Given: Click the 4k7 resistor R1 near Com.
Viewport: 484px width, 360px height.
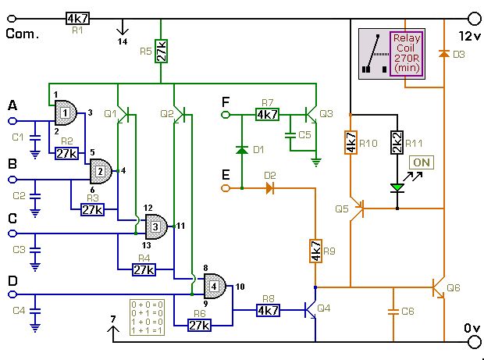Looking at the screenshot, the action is point(77,19).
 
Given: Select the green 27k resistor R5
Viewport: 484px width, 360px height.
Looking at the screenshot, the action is point(161,52).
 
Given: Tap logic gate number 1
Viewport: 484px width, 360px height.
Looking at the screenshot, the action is point(66,112).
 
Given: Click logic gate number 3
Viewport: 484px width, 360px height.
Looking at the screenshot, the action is point(156,227).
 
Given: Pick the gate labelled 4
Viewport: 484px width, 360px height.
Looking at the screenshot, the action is point(215,286).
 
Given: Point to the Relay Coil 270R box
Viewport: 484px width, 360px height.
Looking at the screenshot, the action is point(407,54).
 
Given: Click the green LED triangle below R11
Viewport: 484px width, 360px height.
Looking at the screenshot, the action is point(397,187).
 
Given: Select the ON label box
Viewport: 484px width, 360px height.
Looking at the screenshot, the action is point(422,162).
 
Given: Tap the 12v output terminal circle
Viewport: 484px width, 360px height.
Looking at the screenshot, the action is point(475,19).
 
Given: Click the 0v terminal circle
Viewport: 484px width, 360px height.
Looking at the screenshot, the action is point(475,342).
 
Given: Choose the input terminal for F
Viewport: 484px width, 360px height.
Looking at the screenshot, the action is point(226,115).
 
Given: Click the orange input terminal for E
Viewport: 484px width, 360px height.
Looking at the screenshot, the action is point(226,188).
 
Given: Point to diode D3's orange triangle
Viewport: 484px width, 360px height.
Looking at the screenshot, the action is point(444,54).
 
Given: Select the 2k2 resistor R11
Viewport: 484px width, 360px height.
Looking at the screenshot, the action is point(397,142).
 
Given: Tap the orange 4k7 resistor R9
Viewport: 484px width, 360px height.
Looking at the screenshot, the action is point(315,251).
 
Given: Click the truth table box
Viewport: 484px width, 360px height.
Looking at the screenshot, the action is point(147,317).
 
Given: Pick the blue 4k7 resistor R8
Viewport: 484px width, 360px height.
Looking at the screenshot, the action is point(268,310).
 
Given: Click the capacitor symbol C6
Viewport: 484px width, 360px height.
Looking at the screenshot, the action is point(393,312).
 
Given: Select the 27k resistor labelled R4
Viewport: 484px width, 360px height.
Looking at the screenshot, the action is point(144,270).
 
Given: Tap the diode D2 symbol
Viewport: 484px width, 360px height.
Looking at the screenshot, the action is point(270,188).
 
